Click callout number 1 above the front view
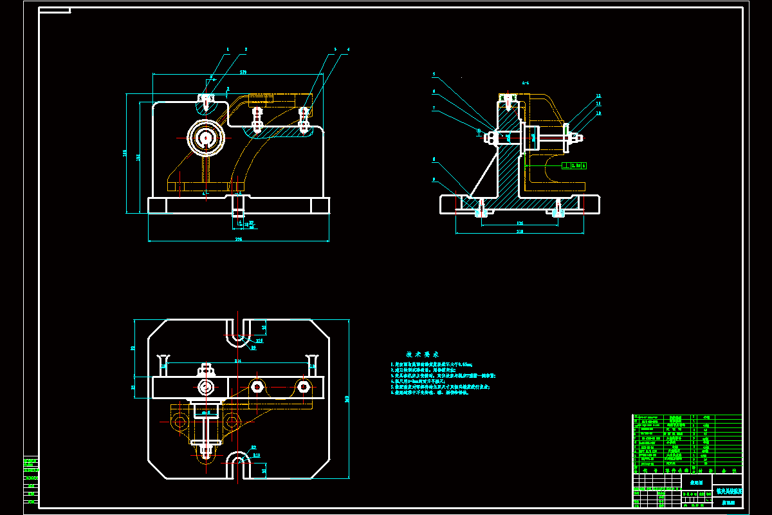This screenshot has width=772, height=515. [228, 49]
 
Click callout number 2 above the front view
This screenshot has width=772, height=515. [246, 49]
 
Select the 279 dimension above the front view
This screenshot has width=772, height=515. [243, 72]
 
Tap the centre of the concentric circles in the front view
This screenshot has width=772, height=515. [206, 137]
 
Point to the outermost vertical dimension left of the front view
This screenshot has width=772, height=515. [124, 153]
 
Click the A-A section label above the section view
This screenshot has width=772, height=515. [526, 83]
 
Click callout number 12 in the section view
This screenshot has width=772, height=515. [598, 96]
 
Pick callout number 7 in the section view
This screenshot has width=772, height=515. [434, 108]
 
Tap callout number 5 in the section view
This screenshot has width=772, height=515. [434, 74]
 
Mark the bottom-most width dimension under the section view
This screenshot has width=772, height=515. [520, 231]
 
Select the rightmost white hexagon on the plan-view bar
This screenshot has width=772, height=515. [303, 386]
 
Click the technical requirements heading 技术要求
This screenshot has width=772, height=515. [423, 354]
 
